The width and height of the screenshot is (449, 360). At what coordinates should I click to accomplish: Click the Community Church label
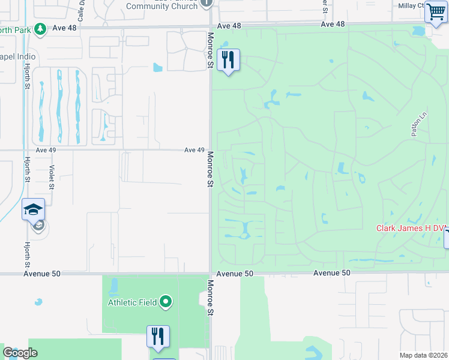pyautogui.click(x=161, y=6)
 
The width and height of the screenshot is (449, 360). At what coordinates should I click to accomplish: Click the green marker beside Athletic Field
pyautogui.click(x=167, y=302)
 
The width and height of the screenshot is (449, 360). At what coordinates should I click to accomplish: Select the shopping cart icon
pyautogui.click(x=435, y=12)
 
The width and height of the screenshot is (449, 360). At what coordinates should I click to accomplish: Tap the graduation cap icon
pyautogui.click(x=34, y=209)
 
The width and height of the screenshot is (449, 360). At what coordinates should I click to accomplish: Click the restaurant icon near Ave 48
pyautogui.click(x=228, y=59)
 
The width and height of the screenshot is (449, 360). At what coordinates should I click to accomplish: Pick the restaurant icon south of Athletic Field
pyautogui.click(x=158, y=336)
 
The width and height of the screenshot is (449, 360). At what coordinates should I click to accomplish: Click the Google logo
pyautogui.click(x=20, y=353)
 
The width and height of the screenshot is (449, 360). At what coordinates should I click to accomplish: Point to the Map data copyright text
pyautogui.click(x=423, y=355)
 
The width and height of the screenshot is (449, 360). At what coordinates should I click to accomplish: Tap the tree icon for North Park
pyautogui.click(x=40, y=28)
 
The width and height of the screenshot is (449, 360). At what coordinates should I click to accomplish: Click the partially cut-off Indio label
pyautogui.click(x=18, y=56)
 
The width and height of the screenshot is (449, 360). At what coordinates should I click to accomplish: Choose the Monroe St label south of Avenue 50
pyautogui.click(x=211, y=298)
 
